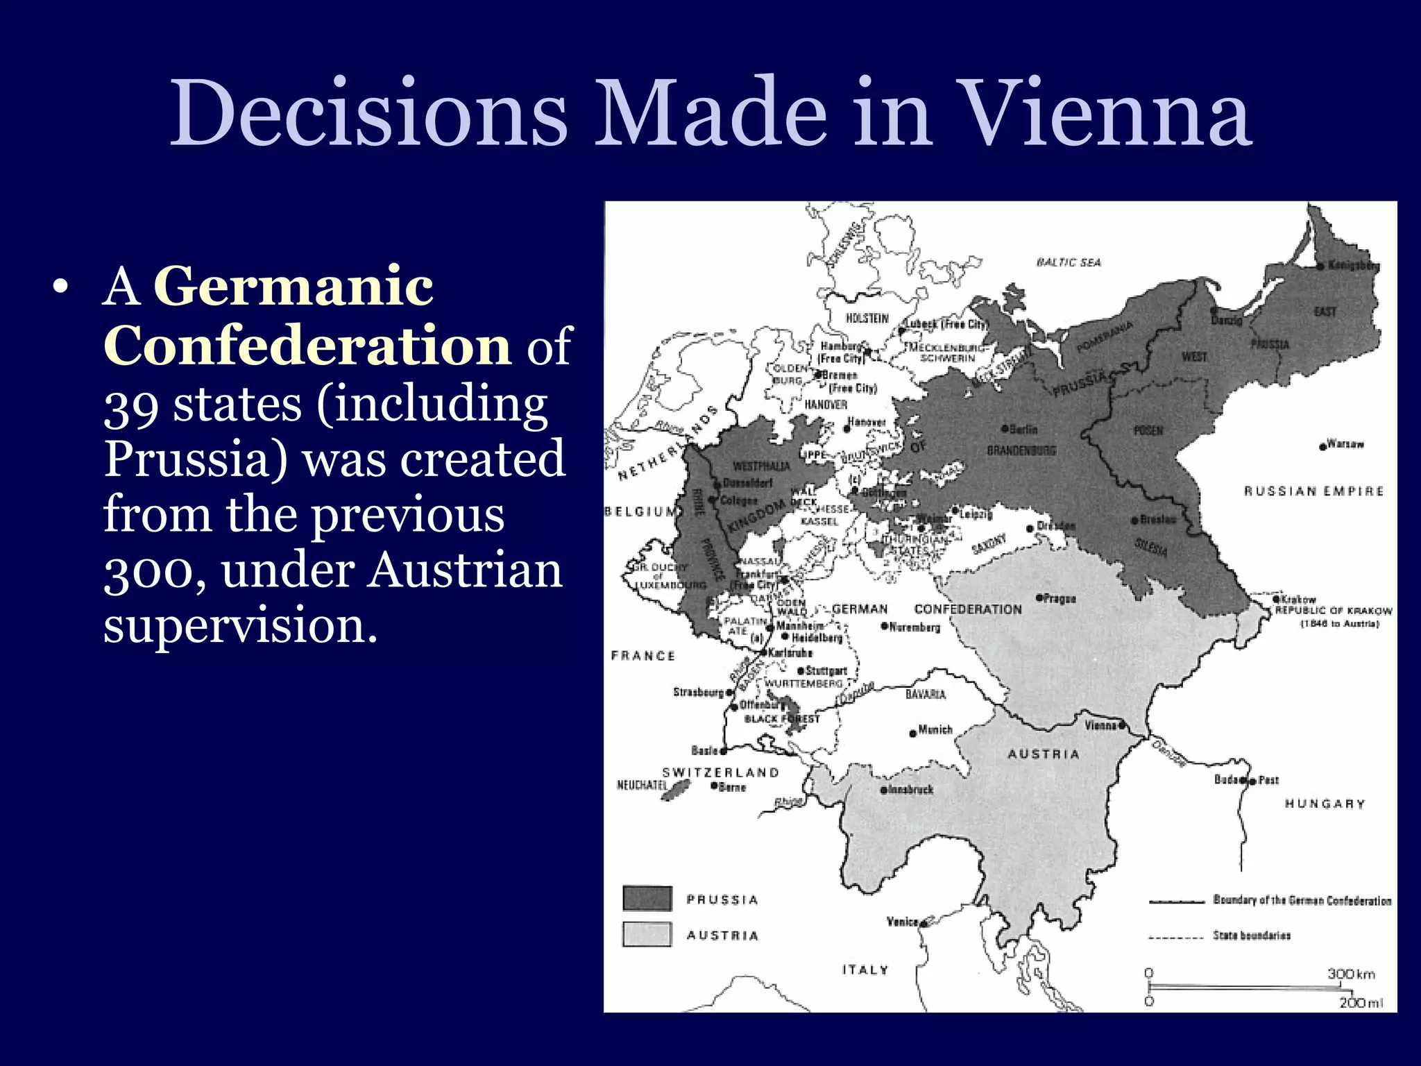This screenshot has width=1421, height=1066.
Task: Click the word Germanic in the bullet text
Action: point(293,286)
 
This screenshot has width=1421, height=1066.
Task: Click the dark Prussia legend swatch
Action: point(647,898)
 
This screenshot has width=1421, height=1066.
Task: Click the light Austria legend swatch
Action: point(647,934)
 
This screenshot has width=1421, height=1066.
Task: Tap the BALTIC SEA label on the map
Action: point(1069,262)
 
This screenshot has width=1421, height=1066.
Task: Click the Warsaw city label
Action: point(1345,444)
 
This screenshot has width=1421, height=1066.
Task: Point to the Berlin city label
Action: point(1023,430)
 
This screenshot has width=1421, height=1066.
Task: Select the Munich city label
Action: point(935,730)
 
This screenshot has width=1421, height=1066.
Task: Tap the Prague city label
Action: point(1060,598)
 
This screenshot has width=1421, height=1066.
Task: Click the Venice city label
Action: point(903,922)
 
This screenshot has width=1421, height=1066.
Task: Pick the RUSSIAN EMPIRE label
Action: point(1313,491)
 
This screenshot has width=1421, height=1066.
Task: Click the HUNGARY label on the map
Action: point(1325,804)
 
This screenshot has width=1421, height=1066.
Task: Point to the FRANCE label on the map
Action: point(643,656)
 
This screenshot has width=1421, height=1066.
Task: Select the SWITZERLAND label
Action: point(720,772)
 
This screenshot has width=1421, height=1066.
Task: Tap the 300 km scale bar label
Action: point(1351,974)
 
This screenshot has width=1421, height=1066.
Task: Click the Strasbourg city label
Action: point(699,692)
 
